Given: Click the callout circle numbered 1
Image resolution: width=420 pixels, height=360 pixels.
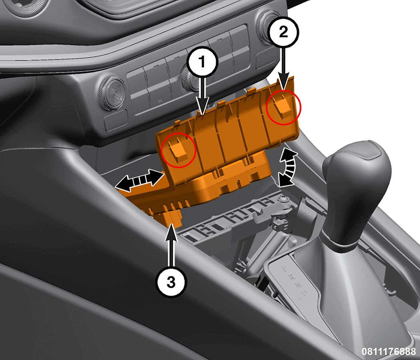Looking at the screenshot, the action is (202, 62).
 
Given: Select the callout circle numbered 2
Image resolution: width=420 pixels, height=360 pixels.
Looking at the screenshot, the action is (283, 32).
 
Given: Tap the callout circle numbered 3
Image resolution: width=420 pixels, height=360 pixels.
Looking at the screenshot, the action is (171, 282).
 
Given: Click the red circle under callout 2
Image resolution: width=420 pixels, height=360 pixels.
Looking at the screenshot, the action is (284, 108).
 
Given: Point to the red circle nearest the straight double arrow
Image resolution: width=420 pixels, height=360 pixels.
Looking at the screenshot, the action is (179, 150).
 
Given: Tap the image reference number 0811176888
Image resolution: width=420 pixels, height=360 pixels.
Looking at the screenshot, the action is (388, 351).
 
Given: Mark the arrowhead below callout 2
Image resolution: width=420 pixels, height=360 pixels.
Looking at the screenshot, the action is (283, 80).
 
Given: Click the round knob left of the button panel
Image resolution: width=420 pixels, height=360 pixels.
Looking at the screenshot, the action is (112, 93).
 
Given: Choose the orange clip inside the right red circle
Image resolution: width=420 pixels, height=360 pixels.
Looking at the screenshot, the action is (283, 107).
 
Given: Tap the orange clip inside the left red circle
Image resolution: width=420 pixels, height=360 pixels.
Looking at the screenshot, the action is (178, 151).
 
